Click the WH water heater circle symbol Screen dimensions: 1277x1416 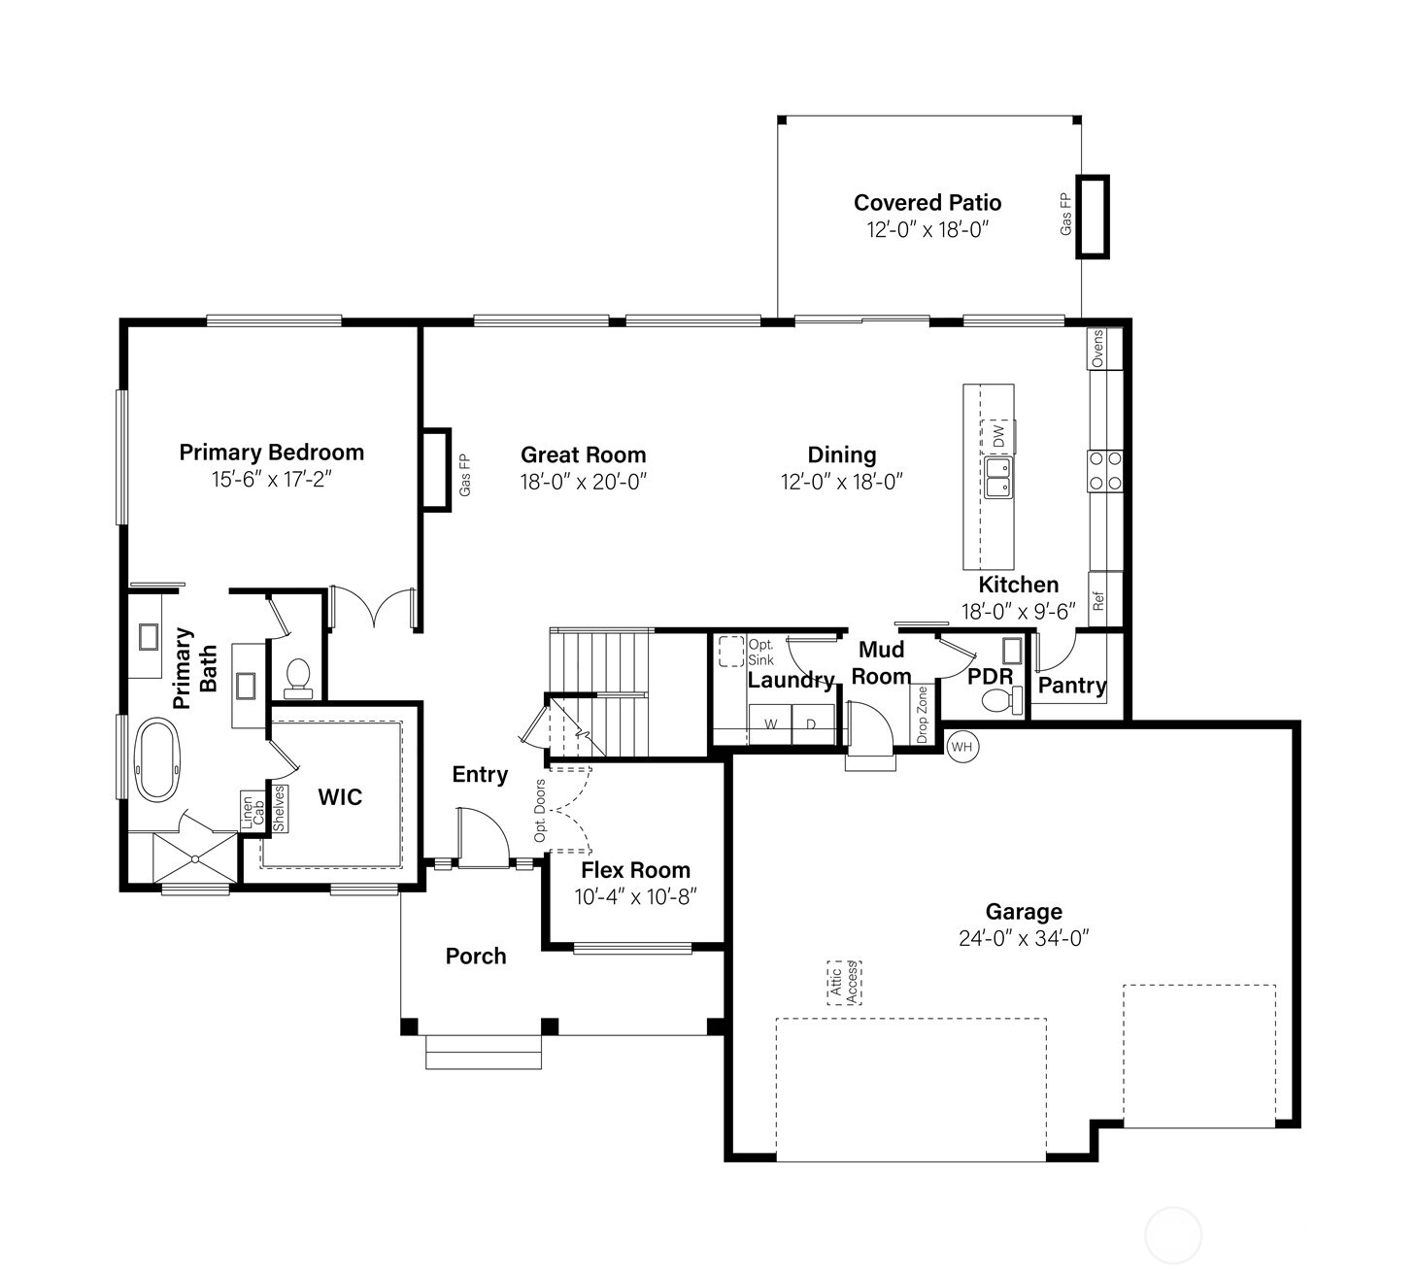click(961, 747)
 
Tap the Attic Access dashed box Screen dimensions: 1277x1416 click(844, 983)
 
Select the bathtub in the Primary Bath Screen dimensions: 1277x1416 click(157, 758)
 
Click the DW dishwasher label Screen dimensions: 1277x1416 click(999, 436)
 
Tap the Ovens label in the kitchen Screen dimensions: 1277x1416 click(1098, 349)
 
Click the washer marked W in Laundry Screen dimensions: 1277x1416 click(771, 724)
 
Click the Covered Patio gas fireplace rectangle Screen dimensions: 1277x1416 click(1093, 217)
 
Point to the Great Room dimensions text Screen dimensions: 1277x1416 click(583, 482)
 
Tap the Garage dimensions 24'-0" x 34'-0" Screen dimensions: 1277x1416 click(1024, 938)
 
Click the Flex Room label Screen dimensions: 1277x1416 click(635, 870)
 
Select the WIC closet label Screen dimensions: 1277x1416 click(340, 797)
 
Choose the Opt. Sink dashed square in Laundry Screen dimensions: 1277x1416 click(730, 651)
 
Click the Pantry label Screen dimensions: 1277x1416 click(1072, 686)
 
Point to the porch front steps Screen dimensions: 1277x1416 click(484, 1053)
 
